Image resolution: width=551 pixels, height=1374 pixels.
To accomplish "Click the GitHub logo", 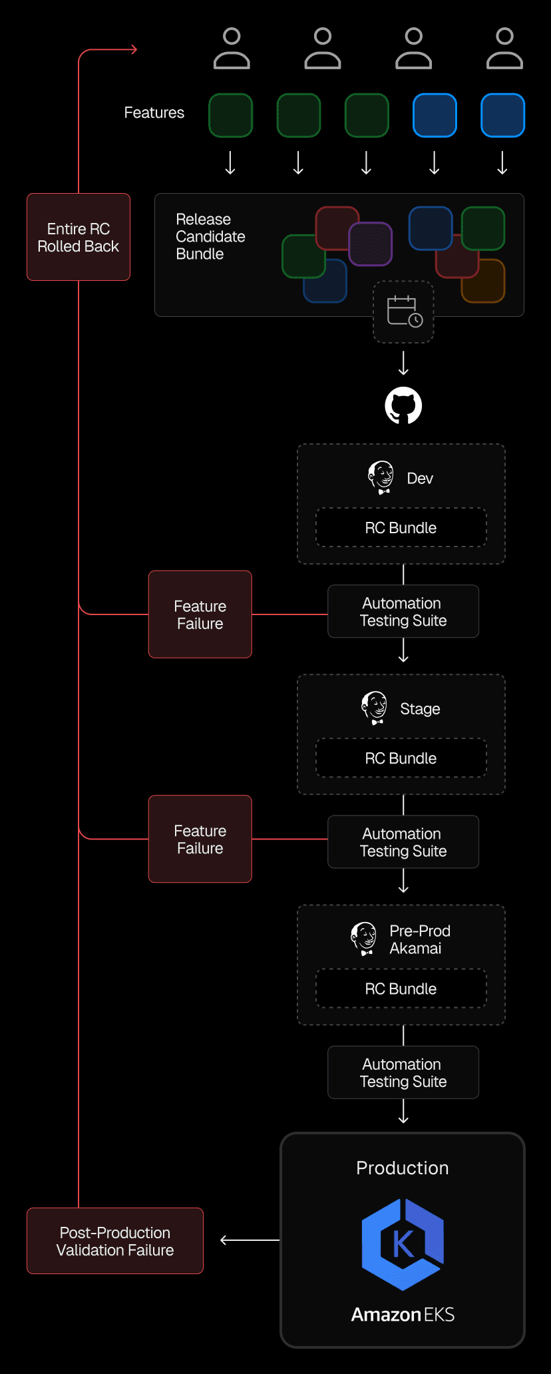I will pyautogui.click(x=403, y=405).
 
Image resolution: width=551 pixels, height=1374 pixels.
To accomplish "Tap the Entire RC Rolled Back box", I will pyautogui.click(x=79, y=237).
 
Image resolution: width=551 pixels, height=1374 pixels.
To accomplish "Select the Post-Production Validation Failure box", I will pyautogui.click(x=115, y=1241).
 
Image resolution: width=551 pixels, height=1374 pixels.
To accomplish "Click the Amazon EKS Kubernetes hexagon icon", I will pyautogui.click(x=403, y=1244).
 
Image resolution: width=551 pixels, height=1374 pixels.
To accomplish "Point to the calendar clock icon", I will pyautogui.click(x=404, y=312).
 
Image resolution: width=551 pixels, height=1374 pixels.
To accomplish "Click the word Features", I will pyautogui.click(x=154, y=113).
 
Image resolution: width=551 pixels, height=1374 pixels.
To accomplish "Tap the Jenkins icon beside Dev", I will pyautogui.click(x=381, y=477).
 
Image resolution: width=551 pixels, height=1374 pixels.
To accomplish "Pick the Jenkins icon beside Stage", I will pyautogui.click(x=374, y=708).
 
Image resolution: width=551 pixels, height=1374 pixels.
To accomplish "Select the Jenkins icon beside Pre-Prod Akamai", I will pyautogui.click(x=363, y=939).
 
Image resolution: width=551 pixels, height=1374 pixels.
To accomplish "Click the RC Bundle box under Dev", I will pyautogui.click(x=401, y=528).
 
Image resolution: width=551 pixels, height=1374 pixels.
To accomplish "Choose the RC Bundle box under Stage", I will pyautogui.click(x=401, y=758).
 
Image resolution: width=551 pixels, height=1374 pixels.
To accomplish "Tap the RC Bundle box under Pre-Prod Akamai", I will pyautogui.click(x=401, y=989).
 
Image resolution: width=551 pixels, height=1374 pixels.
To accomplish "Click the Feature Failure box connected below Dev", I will pyautogui.click(x=200, y=614).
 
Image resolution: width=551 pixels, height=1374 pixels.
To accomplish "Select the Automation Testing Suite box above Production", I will pyautogui.click(x=403, y=1072).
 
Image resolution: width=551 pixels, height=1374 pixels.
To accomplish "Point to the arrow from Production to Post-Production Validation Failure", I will pyautogui.click(x=250, y=1240).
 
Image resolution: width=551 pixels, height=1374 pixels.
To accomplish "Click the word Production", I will pyautogui.click(x=403, y=1168).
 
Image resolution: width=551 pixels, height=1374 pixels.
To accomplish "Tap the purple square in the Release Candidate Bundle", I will pyautogui.click(x=371, y=244).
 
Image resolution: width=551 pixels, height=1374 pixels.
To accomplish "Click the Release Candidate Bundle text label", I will pyautogui.click(x=210, y=237).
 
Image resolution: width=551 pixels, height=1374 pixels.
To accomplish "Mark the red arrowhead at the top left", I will pyautogui.click(x=134, y=49).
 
